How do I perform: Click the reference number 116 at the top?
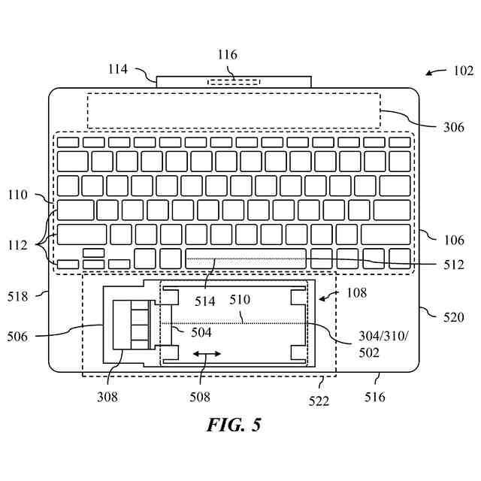[x=227, y=55]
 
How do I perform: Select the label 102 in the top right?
[x=463, y=71]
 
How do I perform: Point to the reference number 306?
[x=453, y=127]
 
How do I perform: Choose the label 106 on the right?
[x=454, y=240]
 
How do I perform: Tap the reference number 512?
[x=454, y=264]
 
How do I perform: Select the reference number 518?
[x=17, y=296]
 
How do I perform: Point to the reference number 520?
[x=454, y=317]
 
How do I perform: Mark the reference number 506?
[x=17, y=336]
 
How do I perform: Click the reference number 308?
[x=108, y=397]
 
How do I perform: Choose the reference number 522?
[x=319, y=401]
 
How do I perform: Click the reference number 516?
[x=374, y=397]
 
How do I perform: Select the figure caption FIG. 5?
[x=234, y=425]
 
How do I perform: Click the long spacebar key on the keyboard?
[x=246, y=258]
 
